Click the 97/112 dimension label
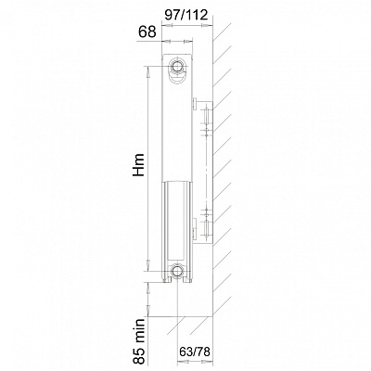pyautogui.click(x=185, y=15)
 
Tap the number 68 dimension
pyautogui.click(x=147, y=32)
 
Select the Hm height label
pyautogui.click(x=139, y=165)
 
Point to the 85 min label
pyautogui.click(x=139, y=341)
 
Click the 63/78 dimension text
pyautogui.click(x=195, y=352)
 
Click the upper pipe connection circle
pyautogui.click(x=177, y=66)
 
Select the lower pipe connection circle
pyautogui.click(x=177, y=271)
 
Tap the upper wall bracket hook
pyautogui.click(x=196, y=104)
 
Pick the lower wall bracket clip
pyautogui.click(x=194, y=229)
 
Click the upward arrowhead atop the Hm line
pyautogui.click(x=148, y=72)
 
